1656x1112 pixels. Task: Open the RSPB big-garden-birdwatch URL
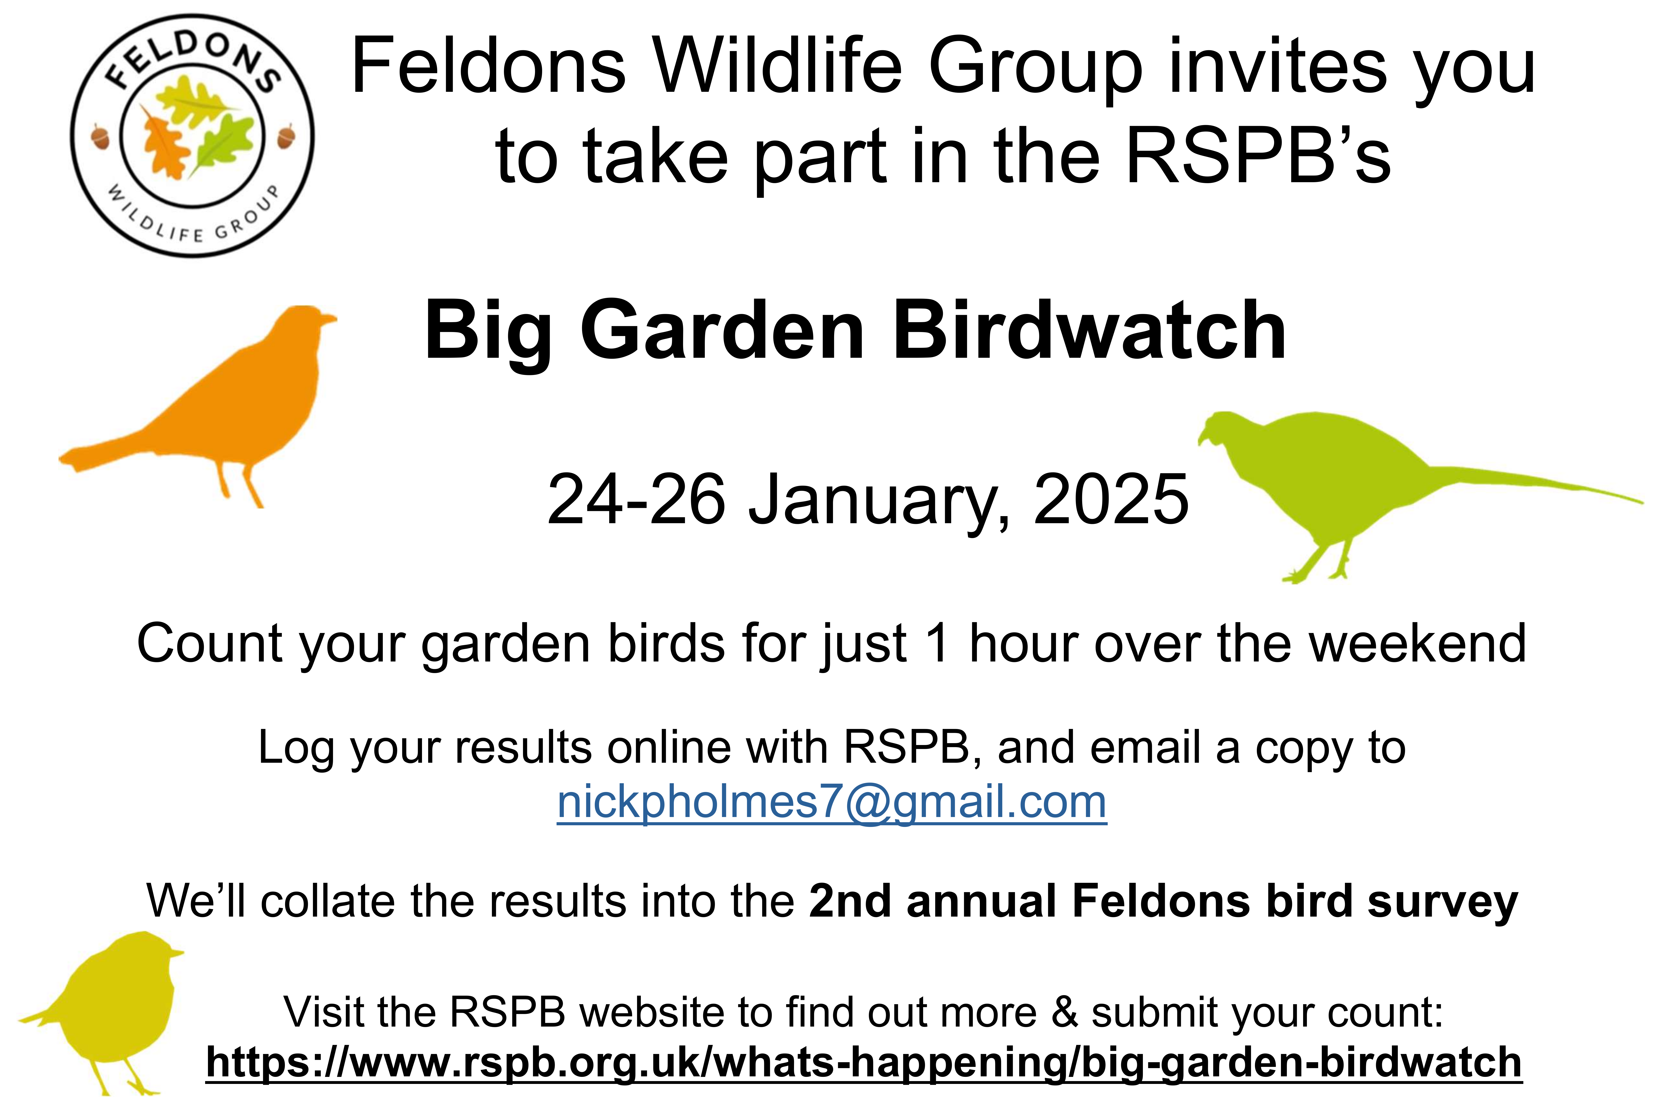pos(864,1062)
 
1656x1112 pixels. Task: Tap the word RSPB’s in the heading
pos(1259,156)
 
